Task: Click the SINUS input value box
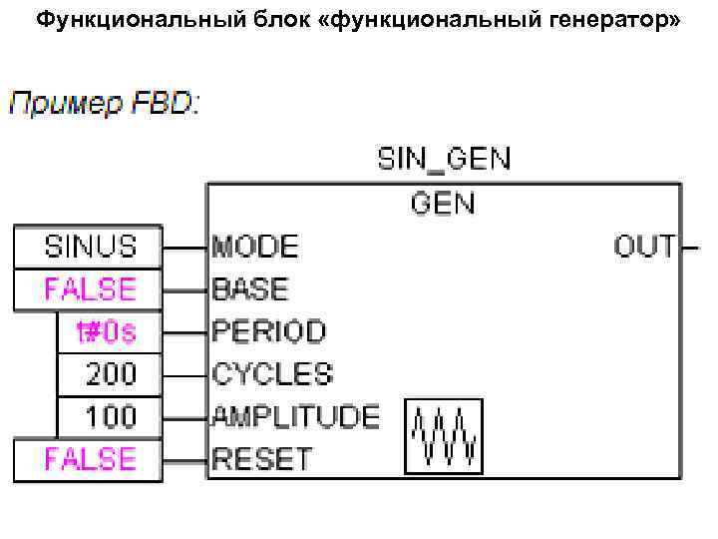88,246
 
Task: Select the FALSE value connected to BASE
88,289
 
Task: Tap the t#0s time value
109,331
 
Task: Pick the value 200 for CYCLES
109,374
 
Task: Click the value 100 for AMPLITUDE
109,416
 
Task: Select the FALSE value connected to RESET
88,459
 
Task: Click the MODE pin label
255,246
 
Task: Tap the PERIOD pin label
268,331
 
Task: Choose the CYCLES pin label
271,374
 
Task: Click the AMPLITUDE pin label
295,416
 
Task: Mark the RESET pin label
261,459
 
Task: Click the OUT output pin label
643,246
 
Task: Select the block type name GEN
443,204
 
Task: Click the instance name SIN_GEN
443,160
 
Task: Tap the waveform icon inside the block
444,436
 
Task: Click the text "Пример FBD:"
105,103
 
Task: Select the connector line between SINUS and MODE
185,246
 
